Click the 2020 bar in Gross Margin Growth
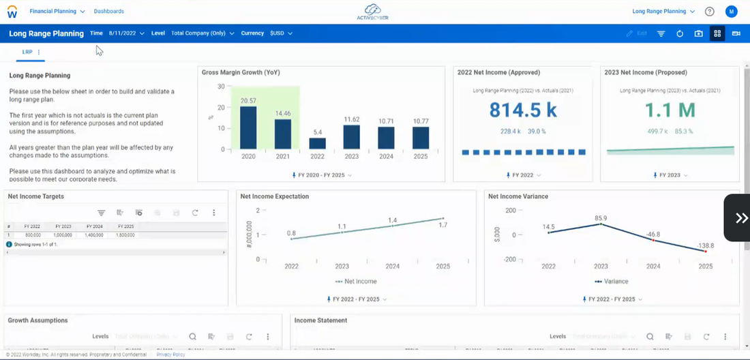tap(248, 127)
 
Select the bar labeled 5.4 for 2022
tap(318, 143)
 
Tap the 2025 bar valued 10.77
tap(421, 138)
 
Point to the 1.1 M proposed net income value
tap(670, 109)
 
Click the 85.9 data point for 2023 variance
tap(600, 224)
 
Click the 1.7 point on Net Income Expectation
tap(442, 219)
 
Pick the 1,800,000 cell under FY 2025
tap(125, 235)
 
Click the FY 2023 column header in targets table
tap(63, 226)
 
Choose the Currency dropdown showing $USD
tap(281, 33)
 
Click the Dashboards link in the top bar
tap(109, 12)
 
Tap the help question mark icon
tap(710, 12)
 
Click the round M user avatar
tap(731, 12)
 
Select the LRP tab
tap(27, 52)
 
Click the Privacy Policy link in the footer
tap(170, 355)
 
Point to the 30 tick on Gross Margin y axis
tap(221, 87)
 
